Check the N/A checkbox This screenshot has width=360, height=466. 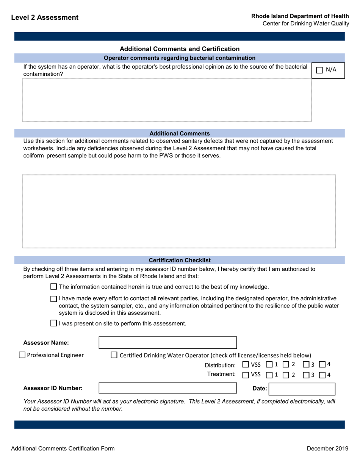click(x=319, y=70)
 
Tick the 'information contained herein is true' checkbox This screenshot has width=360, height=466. click(x=54, y=287)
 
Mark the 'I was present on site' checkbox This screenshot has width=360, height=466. click(x=54, y=323)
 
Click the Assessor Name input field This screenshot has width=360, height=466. click(x=167, y=343)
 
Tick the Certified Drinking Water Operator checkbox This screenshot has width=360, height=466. click(x=114, y=355)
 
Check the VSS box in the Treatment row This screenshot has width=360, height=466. click(x=245, y=375)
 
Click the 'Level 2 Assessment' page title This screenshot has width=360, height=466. click(x=45, y=17)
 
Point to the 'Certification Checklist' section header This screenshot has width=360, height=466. click(x=180, y=260)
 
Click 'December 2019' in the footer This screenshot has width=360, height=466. click(x=327, y=449)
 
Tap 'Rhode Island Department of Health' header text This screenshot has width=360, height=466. click(x=300, y=16)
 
